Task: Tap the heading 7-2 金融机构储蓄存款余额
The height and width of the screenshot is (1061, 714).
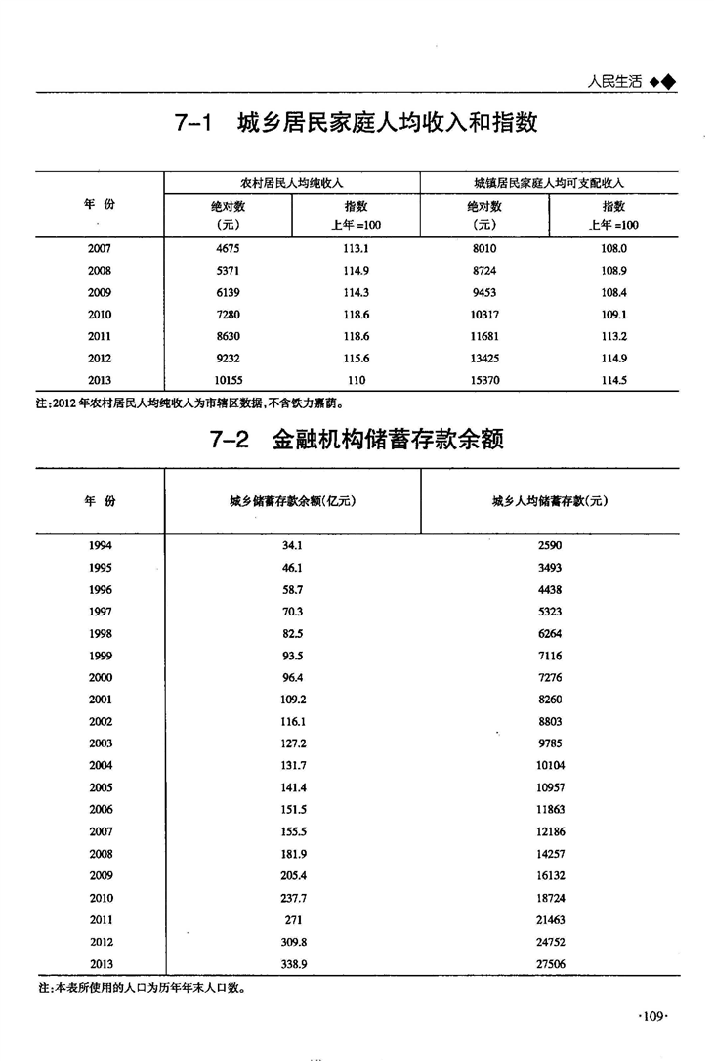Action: point(357,441)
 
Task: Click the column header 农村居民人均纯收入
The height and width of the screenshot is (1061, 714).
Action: point(291,183)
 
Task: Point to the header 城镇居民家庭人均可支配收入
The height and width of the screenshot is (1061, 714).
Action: point(548,183)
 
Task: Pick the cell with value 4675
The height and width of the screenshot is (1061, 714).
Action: point(226,248)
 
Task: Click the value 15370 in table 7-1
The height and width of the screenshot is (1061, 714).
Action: point(485,380)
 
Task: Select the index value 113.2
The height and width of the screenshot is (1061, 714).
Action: point(613,336)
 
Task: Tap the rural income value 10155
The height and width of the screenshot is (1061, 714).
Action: point(226,380)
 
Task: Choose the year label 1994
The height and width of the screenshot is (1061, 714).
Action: point(100,545)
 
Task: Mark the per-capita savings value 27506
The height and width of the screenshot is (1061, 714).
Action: point(550,963)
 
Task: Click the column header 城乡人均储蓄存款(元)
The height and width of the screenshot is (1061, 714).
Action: point(550,501)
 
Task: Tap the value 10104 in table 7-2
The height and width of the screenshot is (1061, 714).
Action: point(550,765)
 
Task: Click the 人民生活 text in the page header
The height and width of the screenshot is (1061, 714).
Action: point(614,82)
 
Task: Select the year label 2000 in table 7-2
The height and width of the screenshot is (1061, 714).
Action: point(100,677)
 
